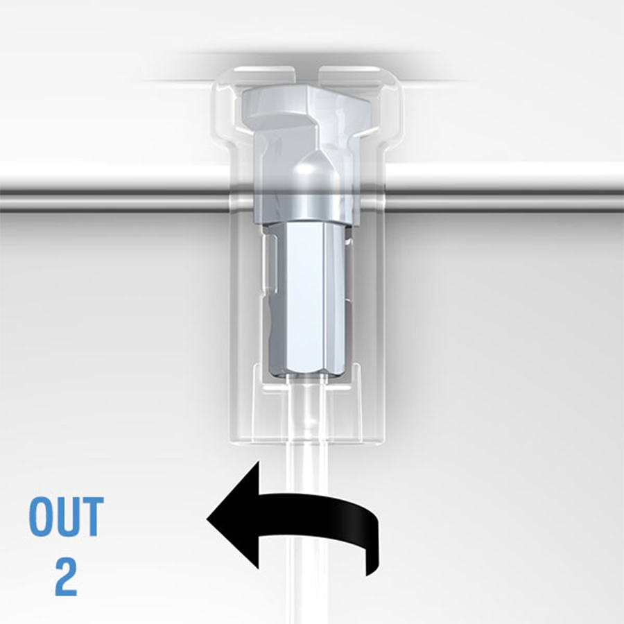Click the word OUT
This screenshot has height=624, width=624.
click(67, 517)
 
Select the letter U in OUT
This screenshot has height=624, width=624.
click(66, 517)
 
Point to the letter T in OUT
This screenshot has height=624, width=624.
click(92, 517)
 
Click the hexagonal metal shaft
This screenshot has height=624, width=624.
click(306, 298)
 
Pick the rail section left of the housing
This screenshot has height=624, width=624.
click(114, 201)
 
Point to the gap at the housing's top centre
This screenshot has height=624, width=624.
click(307, 76)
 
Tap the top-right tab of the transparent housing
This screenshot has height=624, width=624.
click(350, 73)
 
